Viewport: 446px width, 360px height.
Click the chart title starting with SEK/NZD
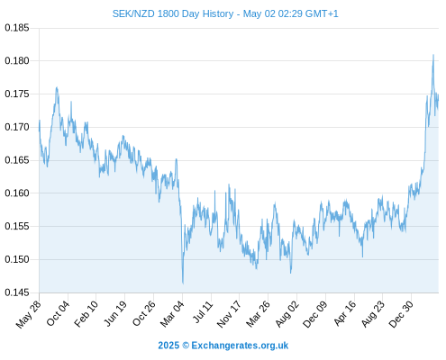click(225, 13)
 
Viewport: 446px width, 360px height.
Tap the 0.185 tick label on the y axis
click(17, 28)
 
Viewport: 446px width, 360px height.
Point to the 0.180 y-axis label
click(17, 61)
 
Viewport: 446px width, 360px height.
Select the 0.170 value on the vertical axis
click(17, 127)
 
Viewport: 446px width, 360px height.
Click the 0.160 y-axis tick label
click(17, 193)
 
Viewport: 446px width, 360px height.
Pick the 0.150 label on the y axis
click(17, 259)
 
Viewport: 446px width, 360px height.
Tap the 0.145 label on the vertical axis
click(17, 292)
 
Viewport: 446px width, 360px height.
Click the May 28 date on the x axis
click(29, 314)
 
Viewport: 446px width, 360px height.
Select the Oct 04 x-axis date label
click(58, 314)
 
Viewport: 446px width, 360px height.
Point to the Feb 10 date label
click(86, 314)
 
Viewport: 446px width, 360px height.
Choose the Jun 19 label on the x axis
click(114, 314)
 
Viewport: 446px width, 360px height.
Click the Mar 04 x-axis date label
click(172, 314)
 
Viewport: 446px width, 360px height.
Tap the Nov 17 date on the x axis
click(229, 314)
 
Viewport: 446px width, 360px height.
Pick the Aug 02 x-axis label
click(287, 314)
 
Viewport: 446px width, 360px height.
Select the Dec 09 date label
click(315, 314)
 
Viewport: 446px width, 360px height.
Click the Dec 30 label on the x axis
click(401, 314)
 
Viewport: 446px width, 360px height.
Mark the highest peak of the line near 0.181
click(433, 55)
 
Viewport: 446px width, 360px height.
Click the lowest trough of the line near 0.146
click(183, 283)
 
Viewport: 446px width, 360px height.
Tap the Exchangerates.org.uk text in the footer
click(240, 346)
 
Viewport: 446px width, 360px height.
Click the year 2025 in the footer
click(168, 346)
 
